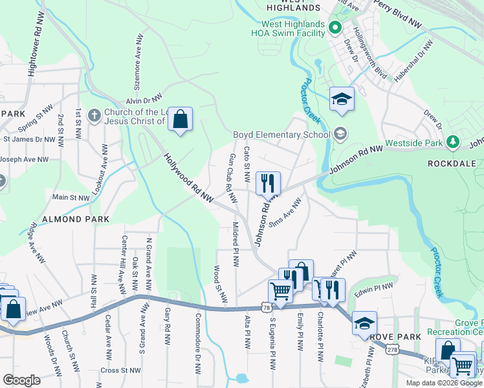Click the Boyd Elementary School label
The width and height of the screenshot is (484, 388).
[282, 135]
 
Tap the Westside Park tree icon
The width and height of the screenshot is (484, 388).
[453, 142]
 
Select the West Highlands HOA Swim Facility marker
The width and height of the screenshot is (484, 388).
[335, 27]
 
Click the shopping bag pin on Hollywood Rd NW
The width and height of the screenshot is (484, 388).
[181, 119]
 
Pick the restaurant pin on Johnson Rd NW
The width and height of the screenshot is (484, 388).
[268, 182]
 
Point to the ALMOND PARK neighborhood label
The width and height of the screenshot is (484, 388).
[71, 219]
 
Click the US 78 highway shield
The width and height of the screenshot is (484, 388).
[267, 308]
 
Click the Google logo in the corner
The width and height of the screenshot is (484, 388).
[21, 380]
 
